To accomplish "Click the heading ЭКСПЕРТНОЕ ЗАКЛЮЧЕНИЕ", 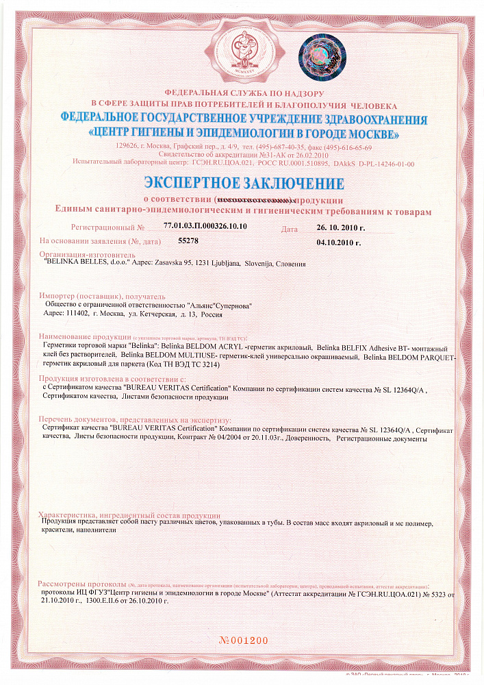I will click(x=243, y=184).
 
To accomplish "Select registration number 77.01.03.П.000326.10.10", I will click(x=205, y=225).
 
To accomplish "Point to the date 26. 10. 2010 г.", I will click(x=341, y=227).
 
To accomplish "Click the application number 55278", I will click(x=188, y=241).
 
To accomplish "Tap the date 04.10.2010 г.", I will click(x=338, y=242).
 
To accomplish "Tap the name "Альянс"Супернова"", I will click(x=219, y=304).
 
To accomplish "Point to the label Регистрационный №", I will click(x=107, y=227).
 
